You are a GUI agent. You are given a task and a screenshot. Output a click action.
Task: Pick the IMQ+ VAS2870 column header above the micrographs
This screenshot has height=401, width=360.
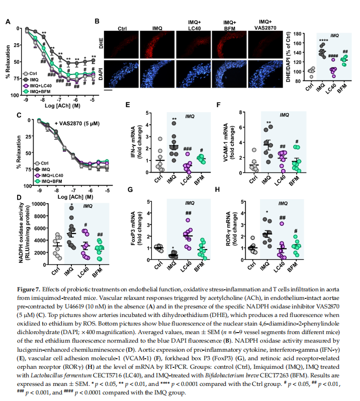tap(267, 26)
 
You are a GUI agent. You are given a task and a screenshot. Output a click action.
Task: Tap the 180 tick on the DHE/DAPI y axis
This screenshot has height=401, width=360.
tap(300, 34)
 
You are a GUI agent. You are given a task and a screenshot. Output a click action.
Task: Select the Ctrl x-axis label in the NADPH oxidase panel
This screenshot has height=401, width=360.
tap(56, 270)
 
